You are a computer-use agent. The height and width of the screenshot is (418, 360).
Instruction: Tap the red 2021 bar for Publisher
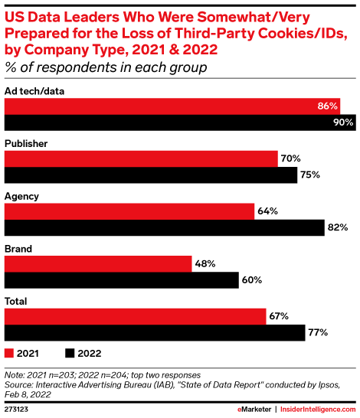coord(142,158)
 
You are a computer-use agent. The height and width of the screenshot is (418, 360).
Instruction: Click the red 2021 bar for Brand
coord(99,263)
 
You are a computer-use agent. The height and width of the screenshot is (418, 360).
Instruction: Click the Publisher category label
coord(28,143)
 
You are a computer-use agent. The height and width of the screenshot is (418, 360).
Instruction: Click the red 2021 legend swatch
coord(10,354)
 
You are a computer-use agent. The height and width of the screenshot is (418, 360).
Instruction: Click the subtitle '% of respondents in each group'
coord(106,68)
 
